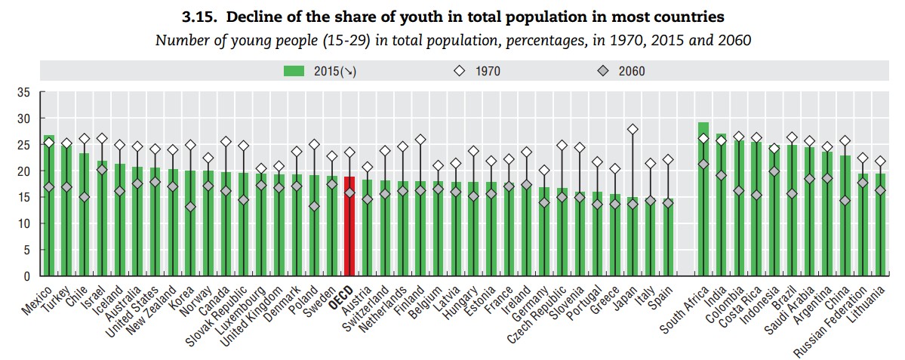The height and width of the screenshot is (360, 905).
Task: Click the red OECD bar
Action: pos(349,226)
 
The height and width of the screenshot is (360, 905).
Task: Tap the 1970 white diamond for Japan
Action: pos(633,130)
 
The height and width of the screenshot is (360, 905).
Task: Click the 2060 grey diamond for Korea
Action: pos(190,207)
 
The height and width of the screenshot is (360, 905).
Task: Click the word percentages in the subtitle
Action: pos(532,39)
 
